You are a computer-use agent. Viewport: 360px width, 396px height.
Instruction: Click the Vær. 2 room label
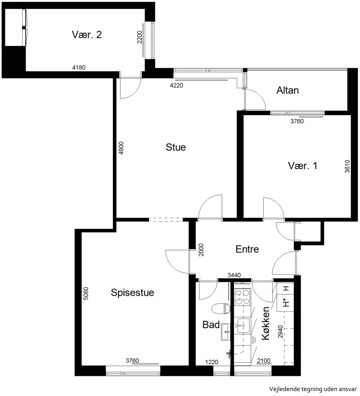point(87,35)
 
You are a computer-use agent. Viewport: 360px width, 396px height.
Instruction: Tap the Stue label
point(175,147)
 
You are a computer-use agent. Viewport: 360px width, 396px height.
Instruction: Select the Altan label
point(288,90)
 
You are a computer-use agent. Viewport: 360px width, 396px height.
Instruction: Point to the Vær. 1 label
point(302,166)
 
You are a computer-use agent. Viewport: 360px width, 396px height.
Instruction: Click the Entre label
point(247,249)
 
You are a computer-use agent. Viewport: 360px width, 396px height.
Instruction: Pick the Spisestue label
point(132,293)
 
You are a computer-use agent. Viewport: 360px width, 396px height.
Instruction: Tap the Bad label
point(211,325)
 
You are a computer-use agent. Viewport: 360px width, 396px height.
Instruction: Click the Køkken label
point(265,323)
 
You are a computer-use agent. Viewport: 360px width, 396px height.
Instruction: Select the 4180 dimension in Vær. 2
point(79,67)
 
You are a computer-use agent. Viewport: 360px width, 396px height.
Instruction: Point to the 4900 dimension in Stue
point(121,148)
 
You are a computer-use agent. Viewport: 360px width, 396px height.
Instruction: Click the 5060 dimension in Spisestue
point(86,294)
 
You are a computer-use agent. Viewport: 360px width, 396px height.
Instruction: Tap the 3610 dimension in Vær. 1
point(347,166)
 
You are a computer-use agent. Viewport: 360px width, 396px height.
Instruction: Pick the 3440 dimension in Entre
point(234,275)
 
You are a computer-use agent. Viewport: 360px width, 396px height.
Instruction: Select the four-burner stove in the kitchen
point(243,297)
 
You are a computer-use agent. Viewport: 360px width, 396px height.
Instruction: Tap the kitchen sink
point(243,326)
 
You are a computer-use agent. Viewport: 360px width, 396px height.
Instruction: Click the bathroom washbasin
point(226,332)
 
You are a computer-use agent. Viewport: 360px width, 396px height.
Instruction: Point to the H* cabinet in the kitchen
point(285,303)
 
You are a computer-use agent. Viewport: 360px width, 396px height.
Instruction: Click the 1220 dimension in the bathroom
point(211,362)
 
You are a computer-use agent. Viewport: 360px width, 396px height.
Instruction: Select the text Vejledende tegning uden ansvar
point(313,389)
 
